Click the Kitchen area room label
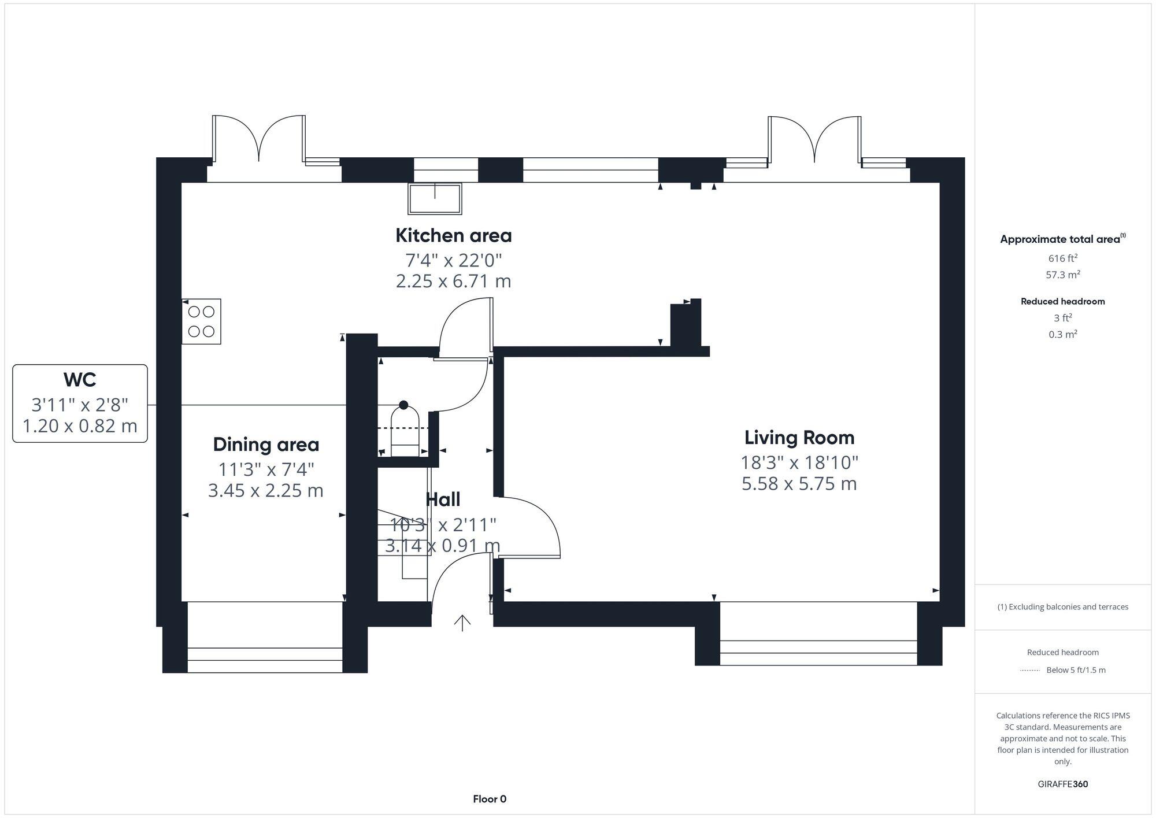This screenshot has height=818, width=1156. (453, 235)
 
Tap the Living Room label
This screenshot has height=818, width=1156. (799, 438)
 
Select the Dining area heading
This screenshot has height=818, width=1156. (266, 445)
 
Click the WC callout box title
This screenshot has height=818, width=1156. (80, 380)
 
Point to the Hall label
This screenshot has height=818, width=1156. (443, 499)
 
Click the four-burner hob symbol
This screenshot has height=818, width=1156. (201, 321)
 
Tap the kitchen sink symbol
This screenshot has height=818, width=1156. (435, 199)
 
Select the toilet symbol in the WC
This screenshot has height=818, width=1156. (405, 428)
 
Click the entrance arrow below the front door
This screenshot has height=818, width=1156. (462, 623)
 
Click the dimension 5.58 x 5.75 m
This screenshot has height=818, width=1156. (799, 483)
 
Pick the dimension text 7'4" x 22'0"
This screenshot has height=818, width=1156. (453, 260)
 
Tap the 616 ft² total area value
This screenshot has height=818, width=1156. (1062, 258)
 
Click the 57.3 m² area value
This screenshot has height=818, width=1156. (1062, 275)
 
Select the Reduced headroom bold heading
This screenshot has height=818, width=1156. (1062, 301)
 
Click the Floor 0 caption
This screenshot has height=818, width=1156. (490, 799)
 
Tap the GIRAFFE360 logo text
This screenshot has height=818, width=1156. (1062, 784)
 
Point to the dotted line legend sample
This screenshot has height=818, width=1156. (1030, 671)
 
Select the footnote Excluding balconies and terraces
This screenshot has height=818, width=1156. (1062, 607)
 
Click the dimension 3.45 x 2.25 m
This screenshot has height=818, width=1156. (266, 490)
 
